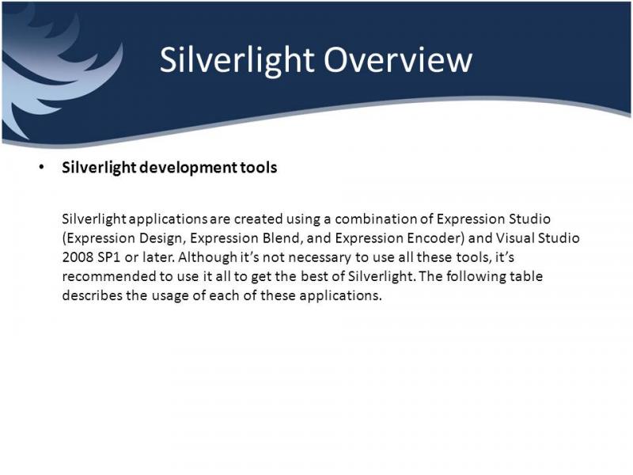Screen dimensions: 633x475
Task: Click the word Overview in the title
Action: click(x=398, y=60)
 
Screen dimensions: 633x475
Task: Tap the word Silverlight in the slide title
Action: click(x=237, y=61)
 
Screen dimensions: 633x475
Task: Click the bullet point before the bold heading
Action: click(x=42, y=167)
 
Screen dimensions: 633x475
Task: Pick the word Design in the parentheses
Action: click(x=162, y=239)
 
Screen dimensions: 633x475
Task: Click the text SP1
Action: click(x=109, y=257)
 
